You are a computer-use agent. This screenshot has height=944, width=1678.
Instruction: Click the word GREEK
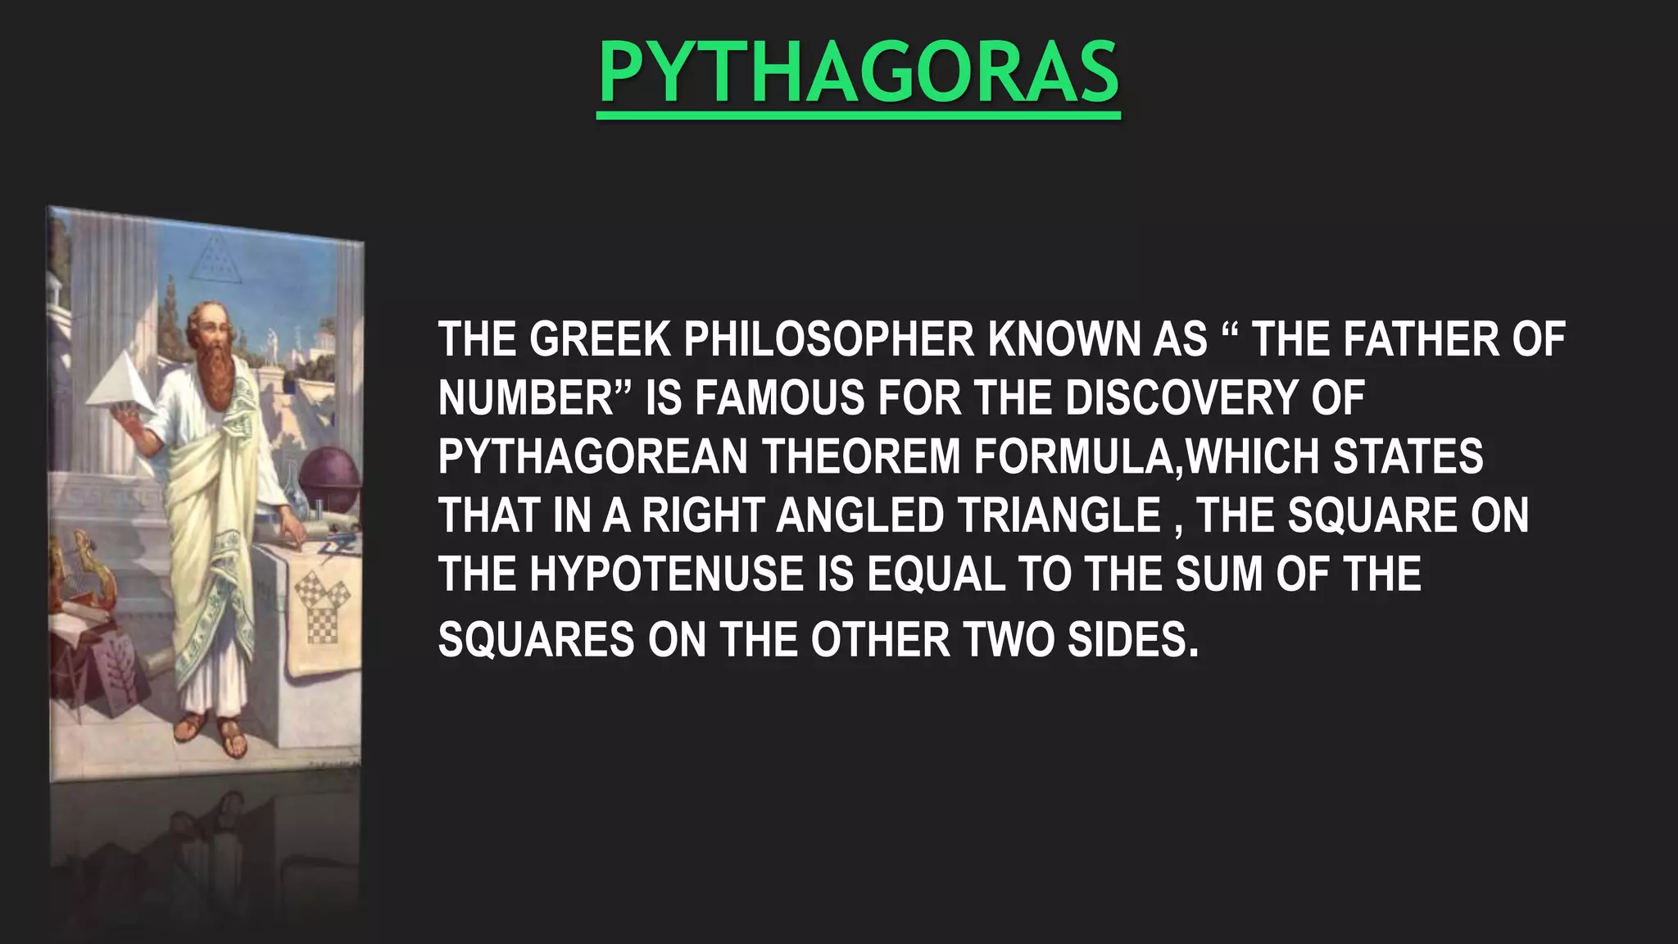(599, 339)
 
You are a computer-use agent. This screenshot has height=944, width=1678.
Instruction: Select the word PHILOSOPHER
(829, 339)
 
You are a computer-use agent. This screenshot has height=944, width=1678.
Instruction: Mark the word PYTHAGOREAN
(592, 456)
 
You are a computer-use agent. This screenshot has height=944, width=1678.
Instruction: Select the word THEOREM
(861, 456)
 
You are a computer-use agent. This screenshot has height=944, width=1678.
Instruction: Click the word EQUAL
(936, 574)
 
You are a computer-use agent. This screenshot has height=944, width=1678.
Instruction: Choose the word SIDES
(1132, 639)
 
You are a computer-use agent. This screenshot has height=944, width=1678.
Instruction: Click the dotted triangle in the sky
(215, 257)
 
